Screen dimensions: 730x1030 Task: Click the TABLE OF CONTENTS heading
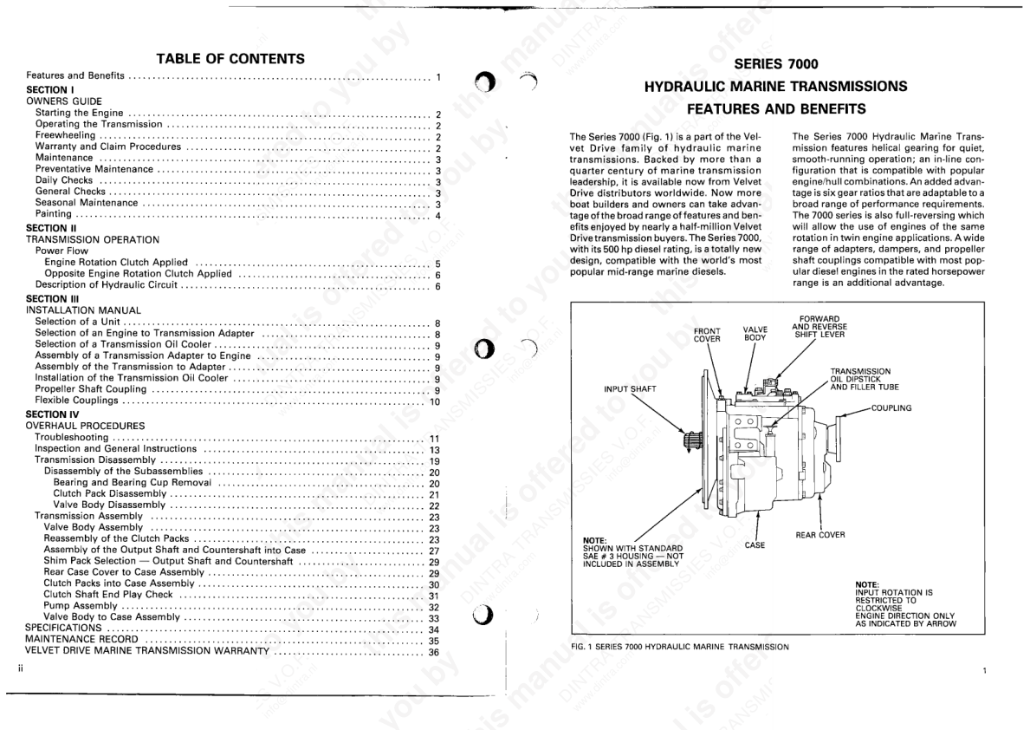click(230, 59)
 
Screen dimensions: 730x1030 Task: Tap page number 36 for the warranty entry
click(434, 652)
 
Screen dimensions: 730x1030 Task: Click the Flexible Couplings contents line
click(77, 401)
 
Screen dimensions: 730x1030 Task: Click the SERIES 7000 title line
click(775, 63)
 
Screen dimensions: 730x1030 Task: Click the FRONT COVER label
click(707, 335)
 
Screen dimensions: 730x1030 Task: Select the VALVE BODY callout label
click(755, 334)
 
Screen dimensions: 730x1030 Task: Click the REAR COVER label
click(819, 535)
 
